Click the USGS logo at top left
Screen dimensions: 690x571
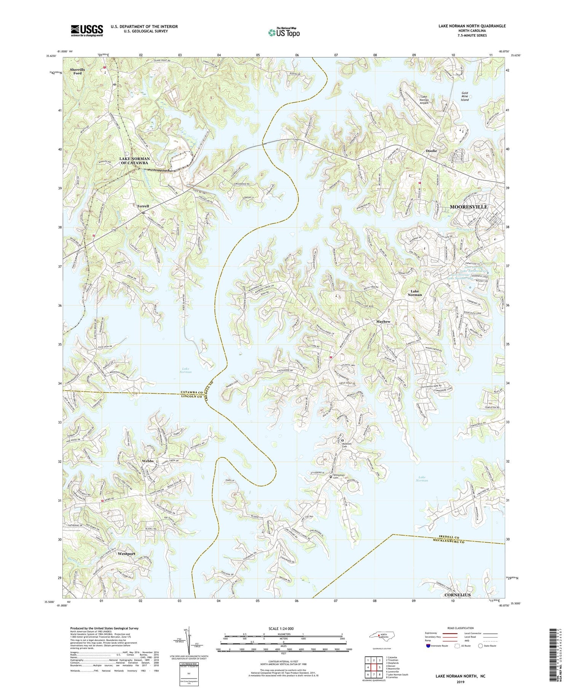tap(87, 30)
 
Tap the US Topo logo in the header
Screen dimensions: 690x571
tap(283, 32)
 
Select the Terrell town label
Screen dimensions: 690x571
tap(143, 206)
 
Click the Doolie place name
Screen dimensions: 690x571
tap(431, 151)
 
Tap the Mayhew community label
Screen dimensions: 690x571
tap(383, 322)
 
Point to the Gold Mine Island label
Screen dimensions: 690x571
tap(465, 96)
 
